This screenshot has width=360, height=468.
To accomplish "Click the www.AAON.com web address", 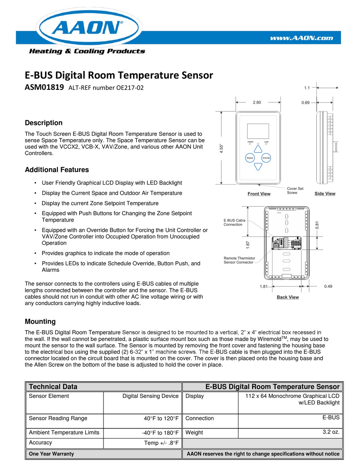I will click(x=301, y=38).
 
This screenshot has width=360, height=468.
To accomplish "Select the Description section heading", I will click(x=44, y=123).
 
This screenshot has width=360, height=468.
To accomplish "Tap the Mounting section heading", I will click(x=40, y=321).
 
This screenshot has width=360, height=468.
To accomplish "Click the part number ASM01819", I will click(x=44, y=88).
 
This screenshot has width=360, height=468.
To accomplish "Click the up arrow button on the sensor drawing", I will click(x=258, y=149).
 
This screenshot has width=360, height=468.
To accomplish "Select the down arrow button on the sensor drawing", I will click(x=258, y=166).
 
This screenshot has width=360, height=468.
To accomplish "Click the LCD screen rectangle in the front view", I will click(x=258, y=131).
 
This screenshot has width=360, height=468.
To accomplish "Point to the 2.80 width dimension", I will click(x=257, y=102).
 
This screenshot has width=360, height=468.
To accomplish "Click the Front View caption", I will click(x=259, y=194).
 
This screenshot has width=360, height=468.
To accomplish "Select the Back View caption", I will click(x=288, y=297).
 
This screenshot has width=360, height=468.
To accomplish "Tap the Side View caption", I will click(x=325, y=194).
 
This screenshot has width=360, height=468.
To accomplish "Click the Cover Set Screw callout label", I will click(x=295, y=190).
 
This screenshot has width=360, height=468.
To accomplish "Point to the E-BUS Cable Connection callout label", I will click(x=235, y=222).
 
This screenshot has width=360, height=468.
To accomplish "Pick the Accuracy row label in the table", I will click(x=41, y=442).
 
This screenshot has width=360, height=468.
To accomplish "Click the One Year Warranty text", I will click(x=52, y=454).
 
